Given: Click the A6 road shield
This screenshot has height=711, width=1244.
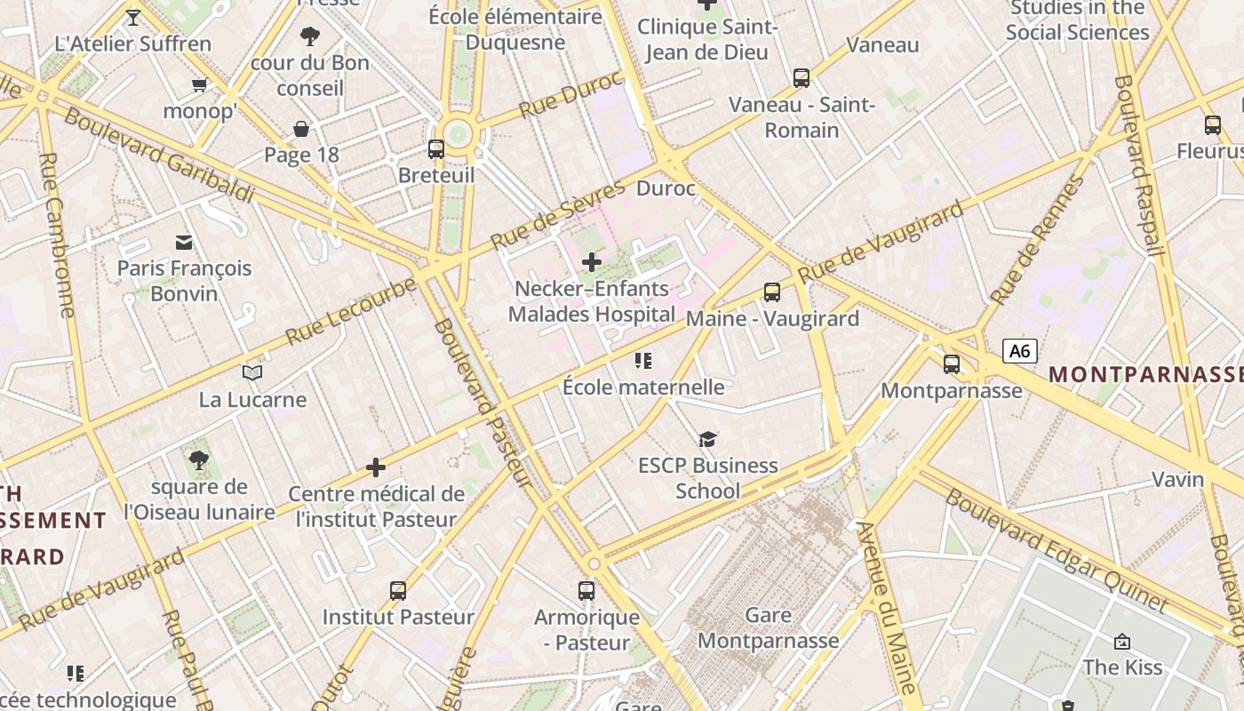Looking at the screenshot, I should [1020, 351].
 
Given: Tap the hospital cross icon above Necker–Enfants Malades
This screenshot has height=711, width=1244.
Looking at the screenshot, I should [591, 261].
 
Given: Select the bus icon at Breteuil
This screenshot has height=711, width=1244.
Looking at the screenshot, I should [435, 148].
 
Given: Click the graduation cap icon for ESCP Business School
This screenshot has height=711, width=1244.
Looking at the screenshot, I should [707, 438].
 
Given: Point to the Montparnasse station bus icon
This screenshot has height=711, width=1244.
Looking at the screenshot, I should [951, 363].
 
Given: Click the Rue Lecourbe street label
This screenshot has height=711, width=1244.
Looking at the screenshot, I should [350, 311].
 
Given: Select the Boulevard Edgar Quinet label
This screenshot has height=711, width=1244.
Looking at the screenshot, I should [1057, 551].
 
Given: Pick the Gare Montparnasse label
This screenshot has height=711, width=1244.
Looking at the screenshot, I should [768, 627].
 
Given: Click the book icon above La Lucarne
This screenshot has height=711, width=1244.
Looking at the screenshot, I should [252, 372].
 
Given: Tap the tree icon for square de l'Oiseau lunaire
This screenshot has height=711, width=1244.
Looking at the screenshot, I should [199, 459].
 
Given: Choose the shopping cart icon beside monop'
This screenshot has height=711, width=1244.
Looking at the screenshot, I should [199, 84].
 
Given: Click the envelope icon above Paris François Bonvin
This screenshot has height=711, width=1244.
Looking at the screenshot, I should [184, 242].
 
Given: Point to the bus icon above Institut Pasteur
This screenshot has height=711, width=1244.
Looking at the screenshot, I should [398, 589].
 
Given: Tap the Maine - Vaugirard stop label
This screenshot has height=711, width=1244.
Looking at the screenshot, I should [773, 318].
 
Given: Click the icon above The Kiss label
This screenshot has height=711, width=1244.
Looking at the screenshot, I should [1121, 641].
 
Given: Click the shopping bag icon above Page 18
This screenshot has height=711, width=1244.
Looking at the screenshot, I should [301, 129].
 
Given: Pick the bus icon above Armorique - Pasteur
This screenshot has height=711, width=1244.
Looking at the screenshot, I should [586, 589].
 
